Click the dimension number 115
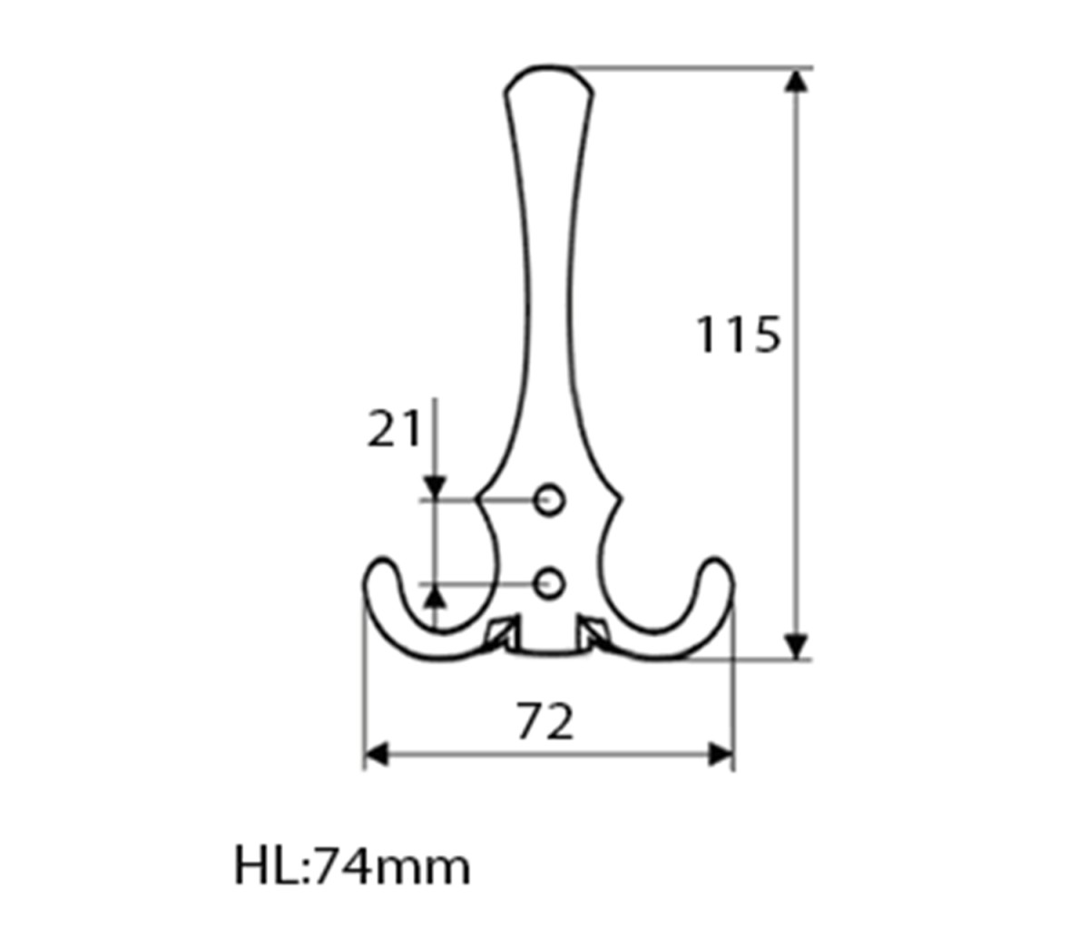tap(738, 335)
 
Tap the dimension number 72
tap(544, 722)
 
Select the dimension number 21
tap(394, 429)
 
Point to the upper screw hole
tap(549, 500)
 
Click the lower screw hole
tap(549, 583)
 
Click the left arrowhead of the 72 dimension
tap(377, 755)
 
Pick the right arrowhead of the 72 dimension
tap(721, 755)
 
